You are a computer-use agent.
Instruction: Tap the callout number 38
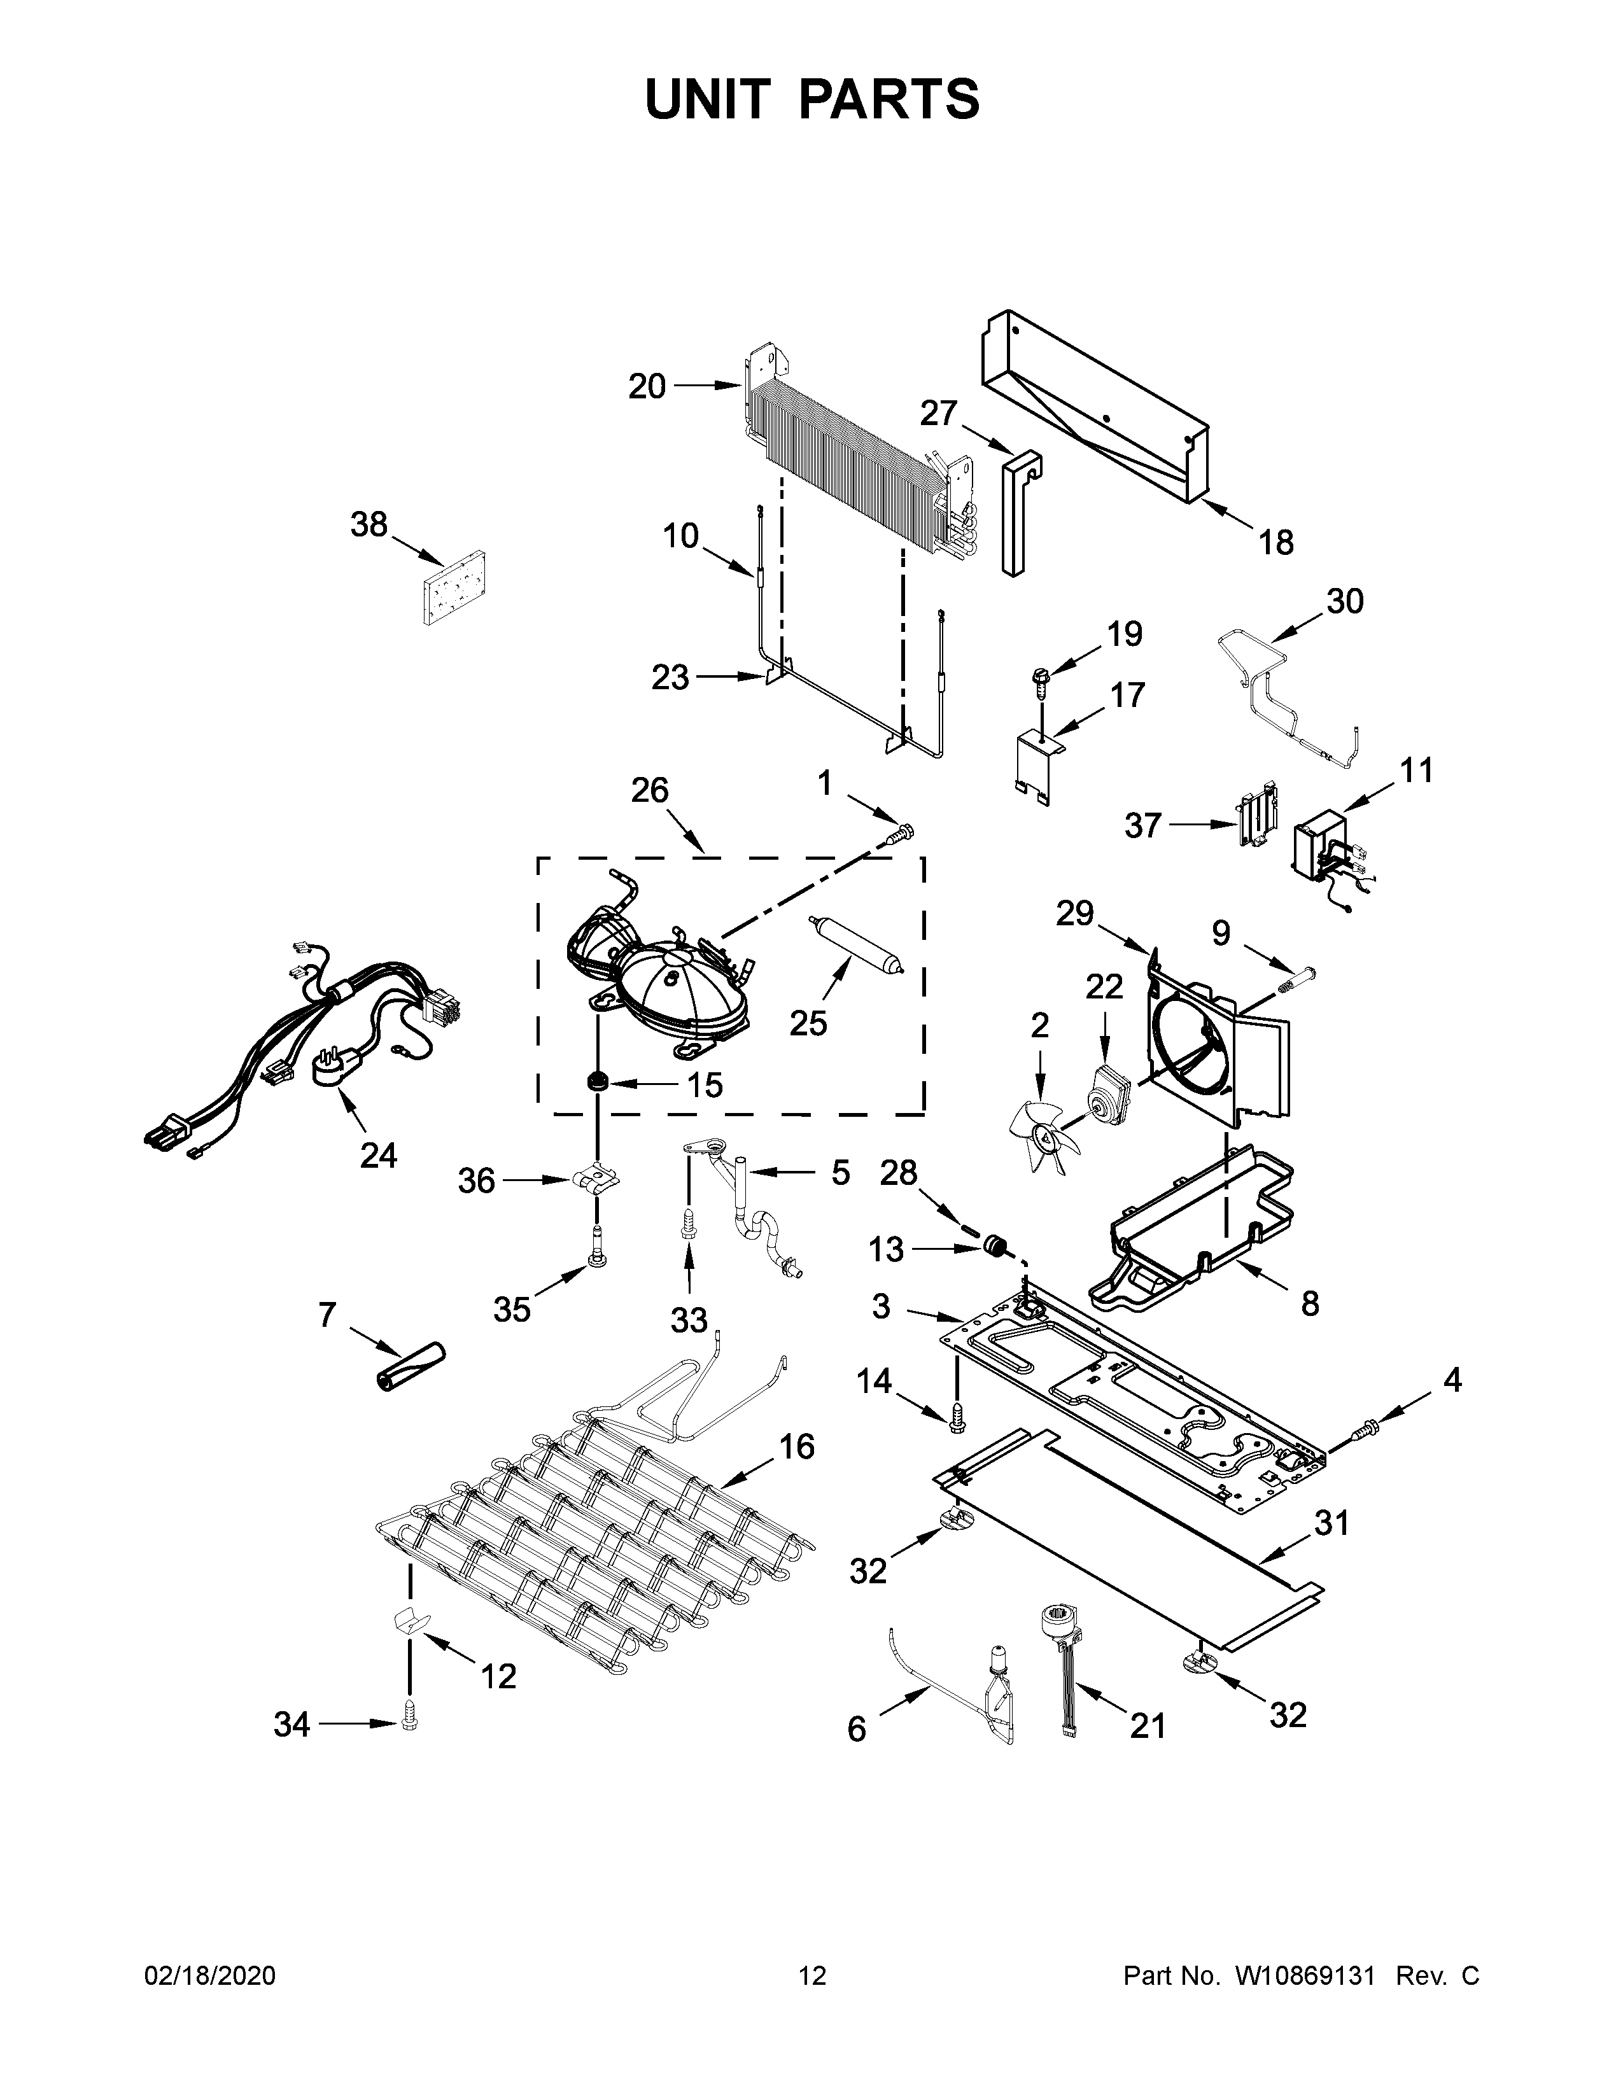(x=369, y=525)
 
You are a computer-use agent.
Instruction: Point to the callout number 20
(x=647, y=386)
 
